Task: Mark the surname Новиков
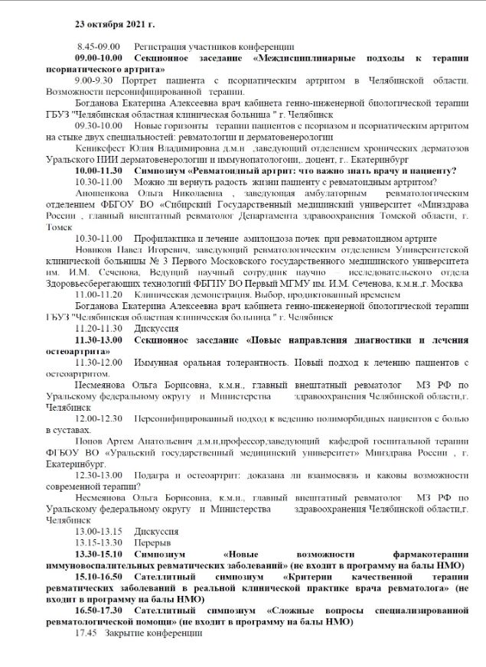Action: pos(95,249)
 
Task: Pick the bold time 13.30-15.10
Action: pos(99,553)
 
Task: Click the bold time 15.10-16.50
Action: pos(99,576)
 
